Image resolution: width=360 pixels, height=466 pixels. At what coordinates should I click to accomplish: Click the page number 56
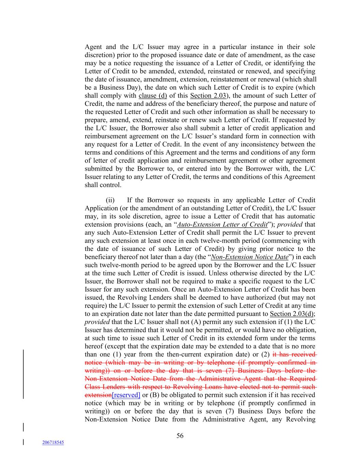180,436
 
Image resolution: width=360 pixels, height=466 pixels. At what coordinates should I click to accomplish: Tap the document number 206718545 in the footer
53,442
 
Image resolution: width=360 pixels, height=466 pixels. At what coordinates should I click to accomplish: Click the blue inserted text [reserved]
126,395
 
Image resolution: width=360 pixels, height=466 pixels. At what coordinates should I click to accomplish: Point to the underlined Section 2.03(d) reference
292,314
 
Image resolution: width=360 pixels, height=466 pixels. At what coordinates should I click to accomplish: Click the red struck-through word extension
98,395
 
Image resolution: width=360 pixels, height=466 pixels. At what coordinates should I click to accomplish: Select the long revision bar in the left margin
23,374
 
